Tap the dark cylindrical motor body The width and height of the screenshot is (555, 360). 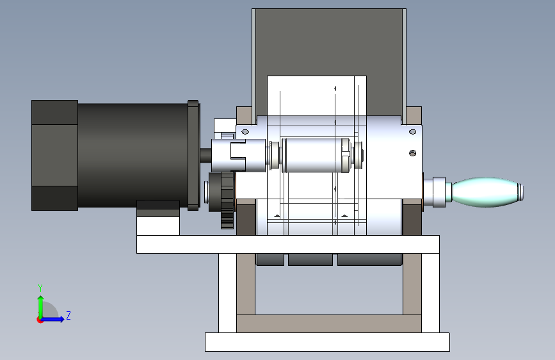click(x=133, y=155)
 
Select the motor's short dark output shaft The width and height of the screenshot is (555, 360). click(x=205, y=155)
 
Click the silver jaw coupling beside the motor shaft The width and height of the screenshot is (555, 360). click(x=238, y=156)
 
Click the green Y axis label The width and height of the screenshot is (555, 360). click(x=40, y=288)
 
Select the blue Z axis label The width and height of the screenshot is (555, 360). click(x=68, y=315)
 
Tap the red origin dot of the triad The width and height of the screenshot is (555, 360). click(x=40, y=320)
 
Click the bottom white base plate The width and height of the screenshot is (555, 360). click(x=327, y=342)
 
